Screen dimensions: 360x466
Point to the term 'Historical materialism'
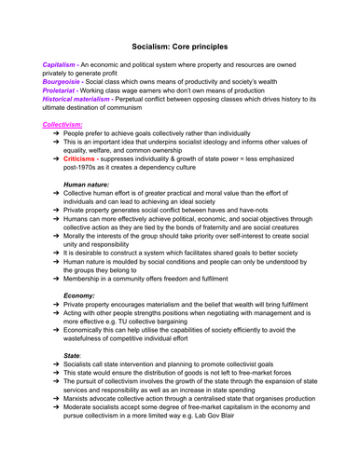80,99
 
